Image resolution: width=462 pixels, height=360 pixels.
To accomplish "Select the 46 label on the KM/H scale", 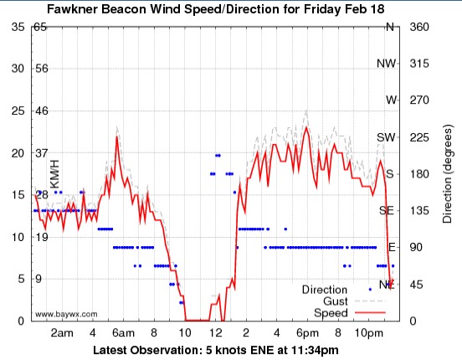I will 40,111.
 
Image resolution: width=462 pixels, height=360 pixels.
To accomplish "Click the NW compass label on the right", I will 386,64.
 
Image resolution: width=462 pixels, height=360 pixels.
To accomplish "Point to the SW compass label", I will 386,137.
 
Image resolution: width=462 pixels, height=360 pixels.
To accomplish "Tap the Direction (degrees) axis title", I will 448,173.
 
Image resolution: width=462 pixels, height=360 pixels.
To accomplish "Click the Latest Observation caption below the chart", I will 215,349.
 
